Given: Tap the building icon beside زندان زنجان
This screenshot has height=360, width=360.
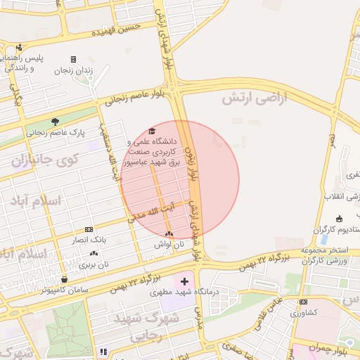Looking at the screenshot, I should point(73,60).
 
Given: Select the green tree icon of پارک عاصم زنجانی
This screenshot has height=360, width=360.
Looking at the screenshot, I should point(56,121).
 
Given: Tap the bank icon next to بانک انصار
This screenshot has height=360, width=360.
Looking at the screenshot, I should point(89,229).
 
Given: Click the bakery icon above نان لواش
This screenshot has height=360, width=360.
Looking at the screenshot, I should point(169,234).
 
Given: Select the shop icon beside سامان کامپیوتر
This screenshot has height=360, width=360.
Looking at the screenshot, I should point(65,278).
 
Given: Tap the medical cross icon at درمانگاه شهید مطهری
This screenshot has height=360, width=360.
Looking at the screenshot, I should point(184,281).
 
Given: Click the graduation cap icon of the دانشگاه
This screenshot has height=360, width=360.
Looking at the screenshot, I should point(153,131).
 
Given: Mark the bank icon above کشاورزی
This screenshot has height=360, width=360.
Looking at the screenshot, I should point(303,302).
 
